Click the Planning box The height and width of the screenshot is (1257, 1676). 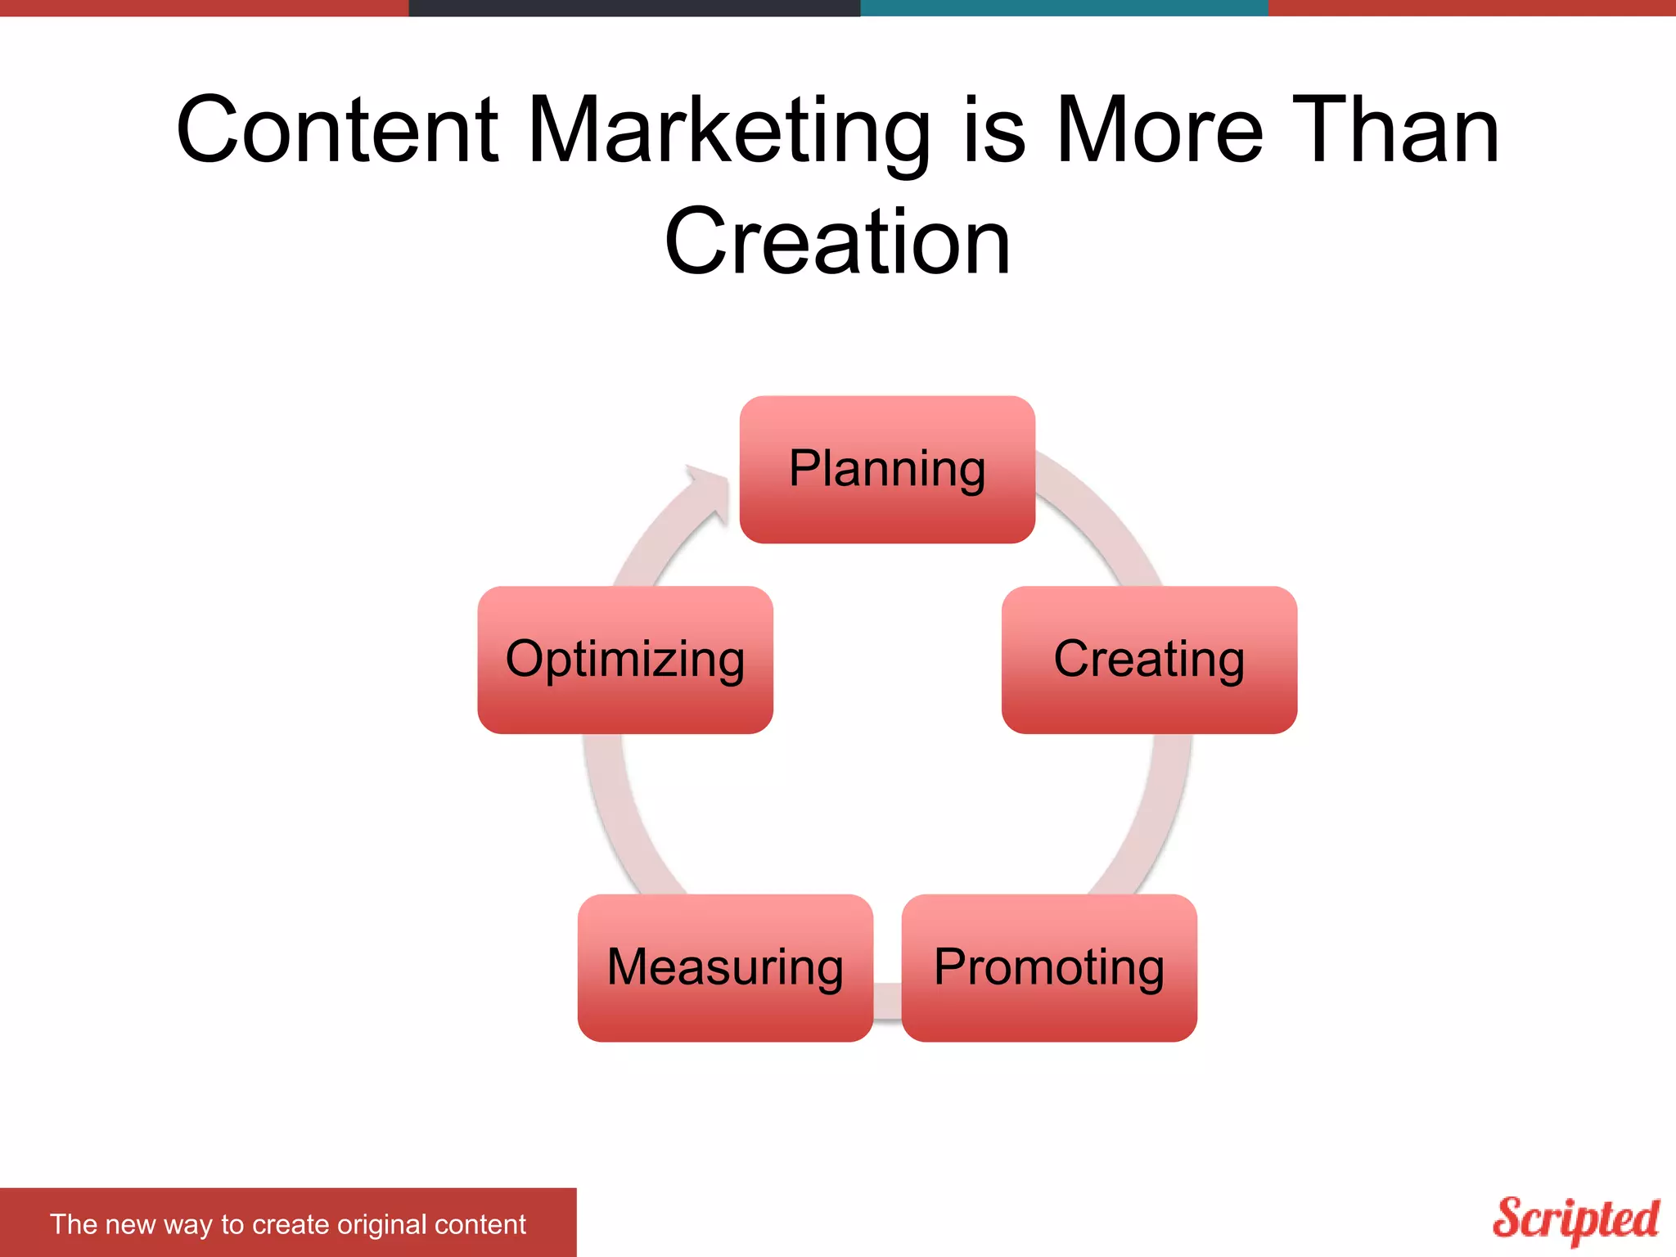click(887, 470)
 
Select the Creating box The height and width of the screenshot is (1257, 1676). click(1149, 660)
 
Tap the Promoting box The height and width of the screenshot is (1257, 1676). click(1049, 967)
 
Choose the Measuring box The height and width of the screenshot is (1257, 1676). click(725, 967)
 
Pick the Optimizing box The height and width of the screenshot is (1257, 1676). click(625, 660)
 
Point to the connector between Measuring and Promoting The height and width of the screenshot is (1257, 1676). click(887, 1000)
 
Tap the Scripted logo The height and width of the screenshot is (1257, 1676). click(1575, 1219)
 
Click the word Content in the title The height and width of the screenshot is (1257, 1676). click(337, 131)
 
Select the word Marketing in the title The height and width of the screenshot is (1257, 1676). click(729, 131)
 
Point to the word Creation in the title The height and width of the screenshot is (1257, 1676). click(837, 242)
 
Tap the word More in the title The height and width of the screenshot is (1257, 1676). click(1160, 131)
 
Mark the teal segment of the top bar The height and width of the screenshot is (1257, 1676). click(1064, 7)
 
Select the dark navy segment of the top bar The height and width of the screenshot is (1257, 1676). click(634, 7)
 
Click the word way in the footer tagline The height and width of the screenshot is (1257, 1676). click(187, 1225)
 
